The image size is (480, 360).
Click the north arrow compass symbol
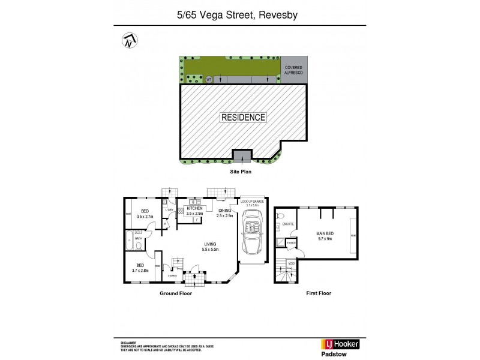pyautogui.click(x=128, y=41)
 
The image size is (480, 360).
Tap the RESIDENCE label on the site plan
pyautogui.click(x=243, y=118)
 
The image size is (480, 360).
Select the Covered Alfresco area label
pyautogui.click(x=293, y=70)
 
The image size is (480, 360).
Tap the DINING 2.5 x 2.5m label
pyautogui.click(x=224, y=212)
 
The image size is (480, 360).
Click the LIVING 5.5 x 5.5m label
pyautogui.click(x=210, y=247)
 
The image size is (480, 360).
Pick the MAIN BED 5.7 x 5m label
pyautogui.click(x=324, y=236)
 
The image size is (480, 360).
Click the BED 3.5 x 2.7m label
pyautogui.click(x=145, y=214)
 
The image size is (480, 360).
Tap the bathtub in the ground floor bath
pyautogui.click(x=130, y=241)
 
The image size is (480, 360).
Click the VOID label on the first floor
pyautogui.click(x=291, y=263)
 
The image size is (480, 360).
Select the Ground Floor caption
pyautogui.click(x=175, y=293)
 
